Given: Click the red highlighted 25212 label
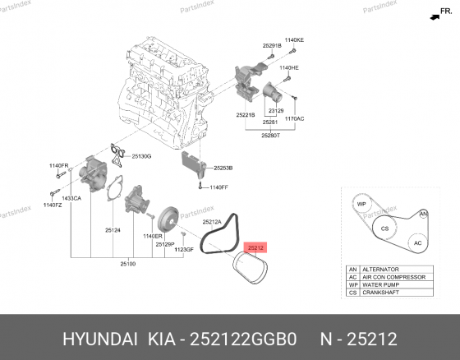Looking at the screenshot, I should coord(256,247).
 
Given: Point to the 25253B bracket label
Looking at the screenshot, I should coord(223,168).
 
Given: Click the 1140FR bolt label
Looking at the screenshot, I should coord(58,166).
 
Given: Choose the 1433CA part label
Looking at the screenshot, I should coord(73,199).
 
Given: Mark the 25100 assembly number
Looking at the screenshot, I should coord(128,264).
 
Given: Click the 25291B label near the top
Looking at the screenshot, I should coord(272,45).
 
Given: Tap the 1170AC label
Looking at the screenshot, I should coord(294,118).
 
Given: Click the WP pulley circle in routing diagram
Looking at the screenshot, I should coord(361,204).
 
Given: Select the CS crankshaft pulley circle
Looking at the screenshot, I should coord(383,228).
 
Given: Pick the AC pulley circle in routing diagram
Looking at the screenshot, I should coord(417,244).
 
